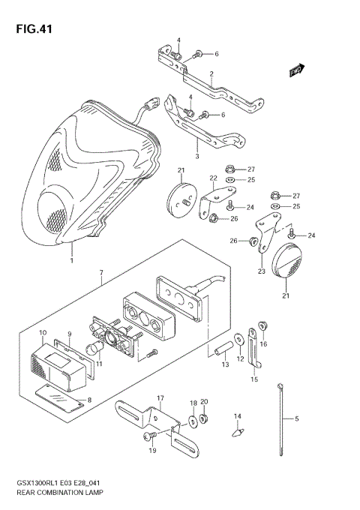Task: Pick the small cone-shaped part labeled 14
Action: click(x=238, y=431)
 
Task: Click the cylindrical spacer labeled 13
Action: click(x=222, y=350)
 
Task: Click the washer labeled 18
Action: click(x=193, y=423)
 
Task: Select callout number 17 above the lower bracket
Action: click(x=160, y=397)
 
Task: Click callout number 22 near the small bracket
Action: click(x=212, y=178)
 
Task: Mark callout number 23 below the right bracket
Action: click(x=262, y=271)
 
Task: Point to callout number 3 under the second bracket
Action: click(x=196, y=157)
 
